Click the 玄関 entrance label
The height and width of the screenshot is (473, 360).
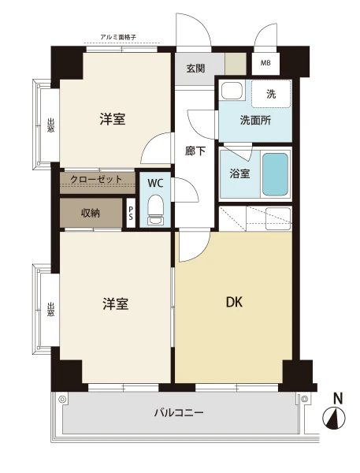pyautogui.click(x=195, y=69)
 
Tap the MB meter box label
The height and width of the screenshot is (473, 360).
pyautogui.click(x=265, y=63)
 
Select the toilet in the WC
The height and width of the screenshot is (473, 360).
pyautogui.click(x=155, y=210)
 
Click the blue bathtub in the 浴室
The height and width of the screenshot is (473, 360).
pyautogui.click(x=275, y=174)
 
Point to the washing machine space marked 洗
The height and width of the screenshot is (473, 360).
pyautogui.click(x=271, y=94)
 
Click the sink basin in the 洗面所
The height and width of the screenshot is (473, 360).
pyautogui.click(x=232, y=91)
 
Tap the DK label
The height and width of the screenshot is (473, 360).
pyautogui.click(x=234, y=302)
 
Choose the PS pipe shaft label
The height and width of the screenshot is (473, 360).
pyautogui.click(x=131, y=213)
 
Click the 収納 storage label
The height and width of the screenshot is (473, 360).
pyautogui.click(x=91, y=214)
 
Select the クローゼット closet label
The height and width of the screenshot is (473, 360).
pyautogui.click(x=96, y=179)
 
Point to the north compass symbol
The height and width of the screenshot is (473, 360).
pyautogui.click(x=334, y=418)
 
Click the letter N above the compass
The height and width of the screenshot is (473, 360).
pyautogui.click(x=338, y=399)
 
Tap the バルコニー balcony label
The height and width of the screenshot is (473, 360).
pyautogui.click(x=179, y=412)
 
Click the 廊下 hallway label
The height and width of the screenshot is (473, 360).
pyautogui.click(x=195, y=151)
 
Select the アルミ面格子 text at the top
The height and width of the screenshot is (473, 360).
pyautogui.click(x=118, y=37)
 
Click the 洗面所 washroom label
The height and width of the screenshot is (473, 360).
pyautogui.click(x=255, y=121)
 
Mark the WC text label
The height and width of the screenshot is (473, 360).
pyautogui.click(x=155, y=183)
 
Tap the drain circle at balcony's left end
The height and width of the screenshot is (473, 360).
pyautogui.click(x=62, y=400)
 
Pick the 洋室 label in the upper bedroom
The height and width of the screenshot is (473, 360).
pyautogui.click(x=113, y=119)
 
